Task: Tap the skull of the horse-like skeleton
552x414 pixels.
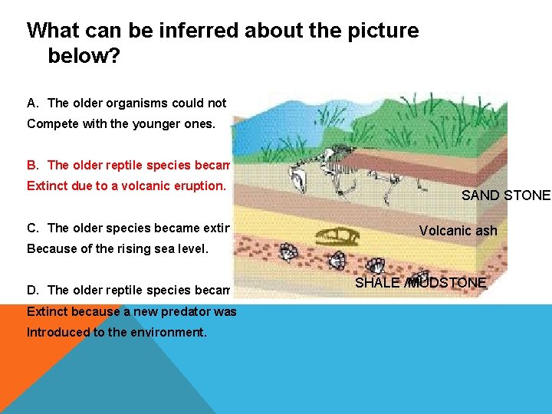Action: click(x=300, y=182)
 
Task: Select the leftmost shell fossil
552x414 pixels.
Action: click(x=289, y=253)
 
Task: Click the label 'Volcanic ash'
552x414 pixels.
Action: click(x=458, y=231)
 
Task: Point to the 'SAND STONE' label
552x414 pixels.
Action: click(x=505, y=195)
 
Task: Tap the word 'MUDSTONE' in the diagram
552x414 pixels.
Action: click(x=448, y=283)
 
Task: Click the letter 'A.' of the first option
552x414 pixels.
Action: click(x=33, y=103)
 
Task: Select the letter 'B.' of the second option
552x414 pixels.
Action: click(x=33, y=166)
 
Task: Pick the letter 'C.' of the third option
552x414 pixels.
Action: click(x=33, y=228)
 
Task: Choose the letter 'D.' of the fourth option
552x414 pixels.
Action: click(x=33, y=290)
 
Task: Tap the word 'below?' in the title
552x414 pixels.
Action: click(x=84, y=57)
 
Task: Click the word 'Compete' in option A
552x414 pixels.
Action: click(x=50, y=123)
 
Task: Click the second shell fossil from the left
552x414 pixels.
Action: click(x=334, y=261)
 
